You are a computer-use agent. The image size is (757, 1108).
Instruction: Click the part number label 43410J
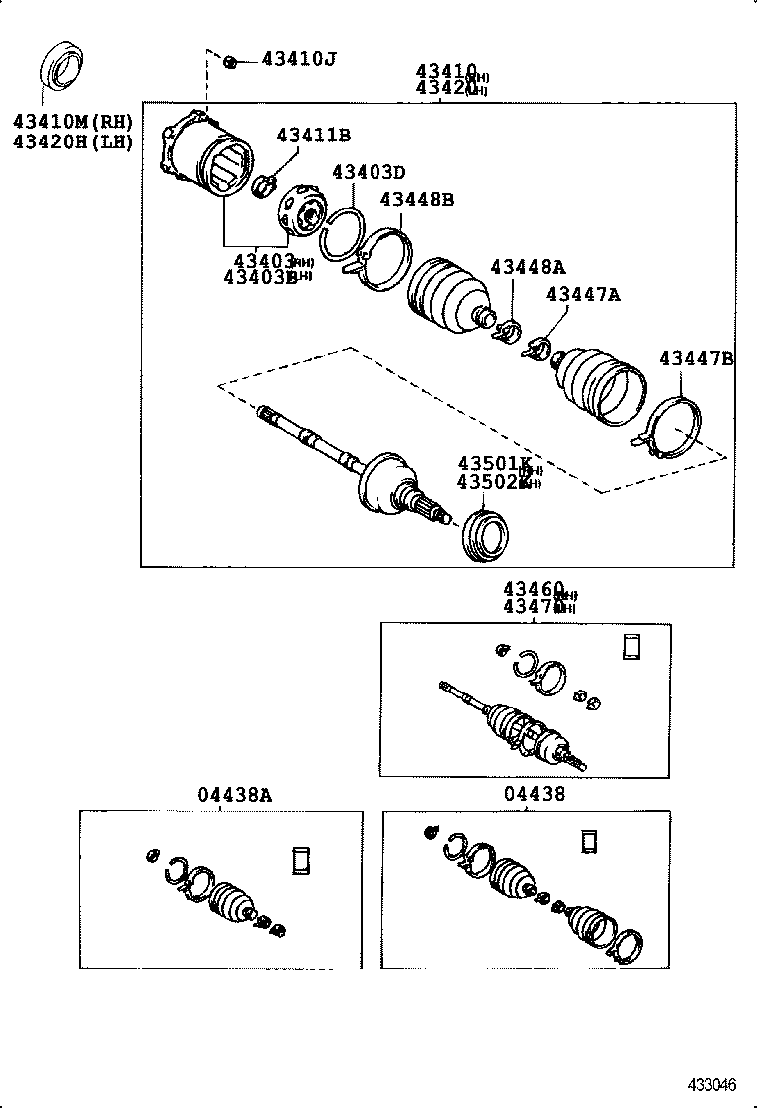pyautogui.click(x=298, y=59)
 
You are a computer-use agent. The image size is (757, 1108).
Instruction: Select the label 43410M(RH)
pyautogui.click(x=73, y=123)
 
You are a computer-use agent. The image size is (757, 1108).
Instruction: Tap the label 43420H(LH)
pyautogui.click(x=73, y=141)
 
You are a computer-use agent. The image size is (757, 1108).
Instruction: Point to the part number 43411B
pyautogui.click(x=313, y=135)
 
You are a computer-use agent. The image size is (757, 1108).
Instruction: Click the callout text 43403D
pyautogui.click(x=369, y=173)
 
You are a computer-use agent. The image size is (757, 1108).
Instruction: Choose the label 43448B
pyautogui.click(x=417, y=199)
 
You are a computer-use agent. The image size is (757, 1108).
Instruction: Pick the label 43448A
pyautogui.click(x=527, y=267)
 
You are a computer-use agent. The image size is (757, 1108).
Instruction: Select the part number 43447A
pyautogui.click(x=583, y=294)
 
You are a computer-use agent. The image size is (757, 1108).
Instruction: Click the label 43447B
pyautogui.click(x=696, y=358)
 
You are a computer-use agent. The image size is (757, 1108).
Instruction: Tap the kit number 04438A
pyautogui.click(x=234, y=794)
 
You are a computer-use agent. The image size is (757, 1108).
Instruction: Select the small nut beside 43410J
pyautogui.click(x=230, y=62)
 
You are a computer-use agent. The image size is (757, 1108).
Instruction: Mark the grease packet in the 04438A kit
pyautogui.click(x=301, y=859)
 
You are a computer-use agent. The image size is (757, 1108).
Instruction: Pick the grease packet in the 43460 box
pyautogui.click(x=631, y=646)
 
